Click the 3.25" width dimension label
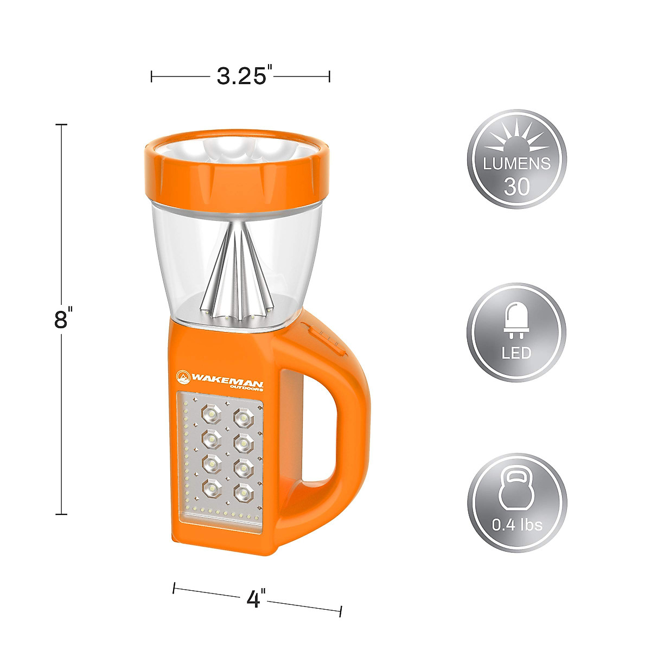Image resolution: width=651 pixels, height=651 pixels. pyautogui.click(x=241, y=76)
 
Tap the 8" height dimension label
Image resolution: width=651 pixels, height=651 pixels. pyautogui.click(x=63, y=319)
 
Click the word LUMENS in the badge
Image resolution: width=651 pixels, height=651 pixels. pyautogui.click(x=516, y=163)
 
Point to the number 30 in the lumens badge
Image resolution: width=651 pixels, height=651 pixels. pyautogui.click(x=516, y=187)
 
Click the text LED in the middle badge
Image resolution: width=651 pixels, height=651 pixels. pyautogui.click(x=516, y=353)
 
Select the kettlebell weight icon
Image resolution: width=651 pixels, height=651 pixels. pyautogui.click(x=516, y=490)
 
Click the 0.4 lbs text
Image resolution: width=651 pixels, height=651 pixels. pyautogui.click(x=516, y=525)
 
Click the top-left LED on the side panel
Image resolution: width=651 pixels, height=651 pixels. pyautogui.click(x=210, y=415)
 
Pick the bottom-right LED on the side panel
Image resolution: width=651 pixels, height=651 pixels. pyautogui.click(x=244, y=493)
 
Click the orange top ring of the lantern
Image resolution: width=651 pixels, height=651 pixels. pyautogui.click(x=239, y=176)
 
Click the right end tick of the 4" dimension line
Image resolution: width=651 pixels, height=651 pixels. pyautogui.click(x=341, y=611)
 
